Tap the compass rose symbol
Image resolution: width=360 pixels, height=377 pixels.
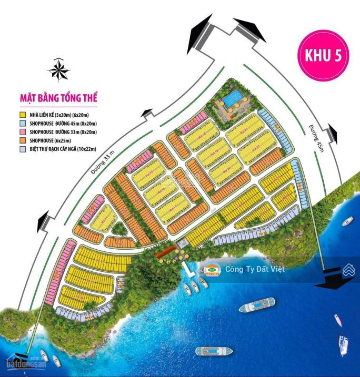[59, 69]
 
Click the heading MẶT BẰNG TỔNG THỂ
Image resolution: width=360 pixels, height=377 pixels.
[58, 98]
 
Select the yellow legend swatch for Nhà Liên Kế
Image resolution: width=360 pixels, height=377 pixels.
[23, 114]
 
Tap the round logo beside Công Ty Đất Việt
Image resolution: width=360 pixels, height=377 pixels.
[212, 269]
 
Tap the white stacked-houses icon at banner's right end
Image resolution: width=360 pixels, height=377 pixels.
[347, 270]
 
